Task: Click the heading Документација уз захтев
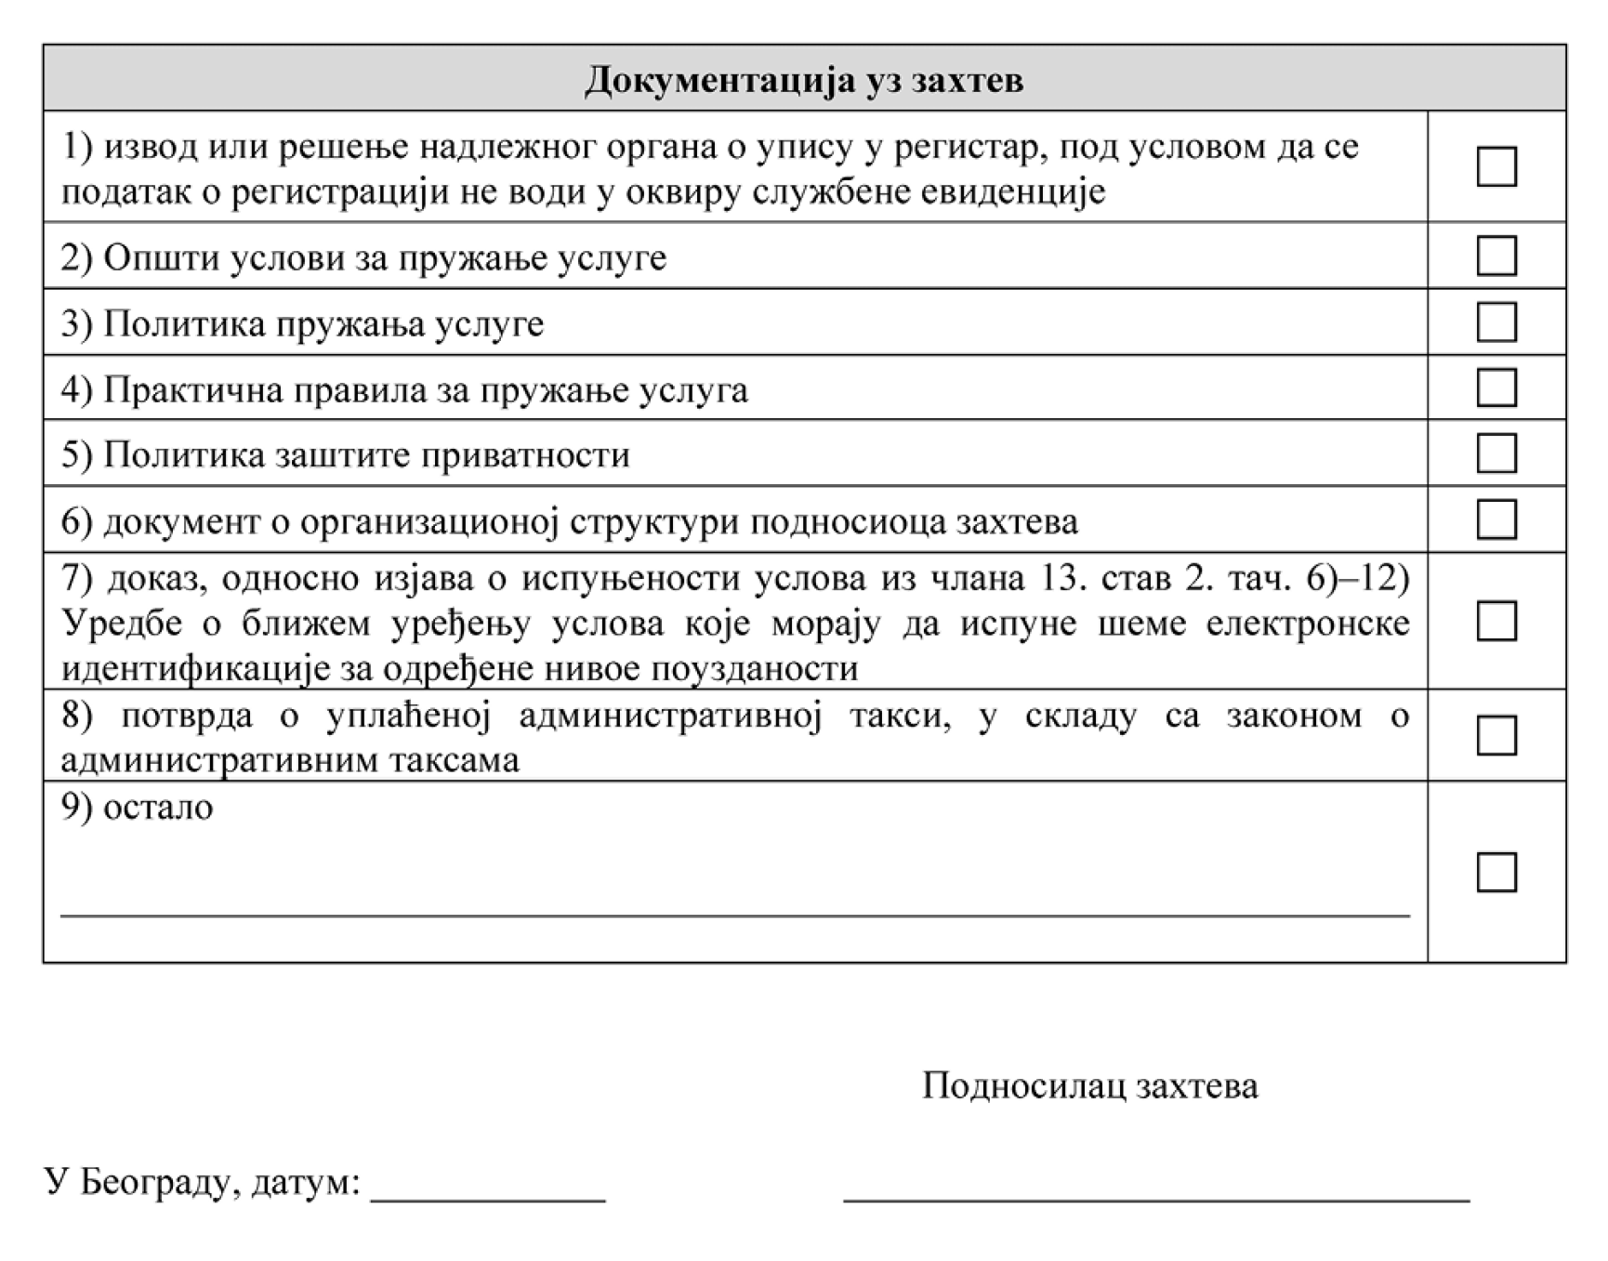pyautogui.click(x=804, y=80)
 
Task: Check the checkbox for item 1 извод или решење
pyautogui.click(x=1496, y=167)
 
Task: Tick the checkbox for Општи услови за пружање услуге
pyautogui.click(x=1496, y=256)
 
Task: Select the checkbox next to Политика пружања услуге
pyautogui.click(x=1496, y=322)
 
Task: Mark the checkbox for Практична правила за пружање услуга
pyautogui.click(x=1496, y=387)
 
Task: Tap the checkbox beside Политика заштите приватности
pyautogui.click(x=1496, y=453)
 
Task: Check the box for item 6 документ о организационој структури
pyautogui.click(x=1496, y=519)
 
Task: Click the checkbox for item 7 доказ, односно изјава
pyautogui.click(x=1496, y=621)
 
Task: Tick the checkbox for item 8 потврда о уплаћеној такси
pyautogui.click(x=1496, y=735)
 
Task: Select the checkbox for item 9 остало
pyautogui.click(x=1496, y=872)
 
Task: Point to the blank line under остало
pyautogui.click(x=734, y=914)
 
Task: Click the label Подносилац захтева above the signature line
pyautogui.click(x=1089, y=1085)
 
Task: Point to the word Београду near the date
pyautogui.click(x=153, y=1182)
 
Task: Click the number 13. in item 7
pyautogui.click(x=1056, y=578)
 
